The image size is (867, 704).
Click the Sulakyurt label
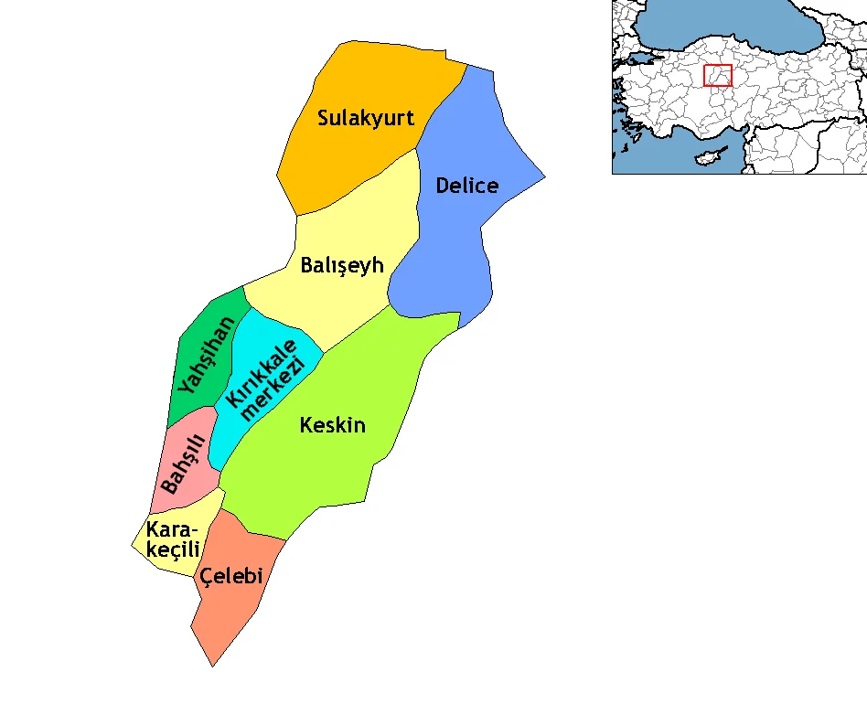[366, 118]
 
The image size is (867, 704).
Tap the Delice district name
[466, 186]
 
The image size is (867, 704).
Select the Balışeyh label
[341, 266]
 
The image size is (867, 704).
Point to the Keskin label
[333, 425]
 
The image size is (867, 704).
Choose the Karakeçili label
[172, 539]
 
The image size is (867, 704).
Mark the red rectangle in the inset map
[718, 76]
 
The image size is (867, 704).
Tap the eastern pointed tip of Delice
[545, 176]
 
